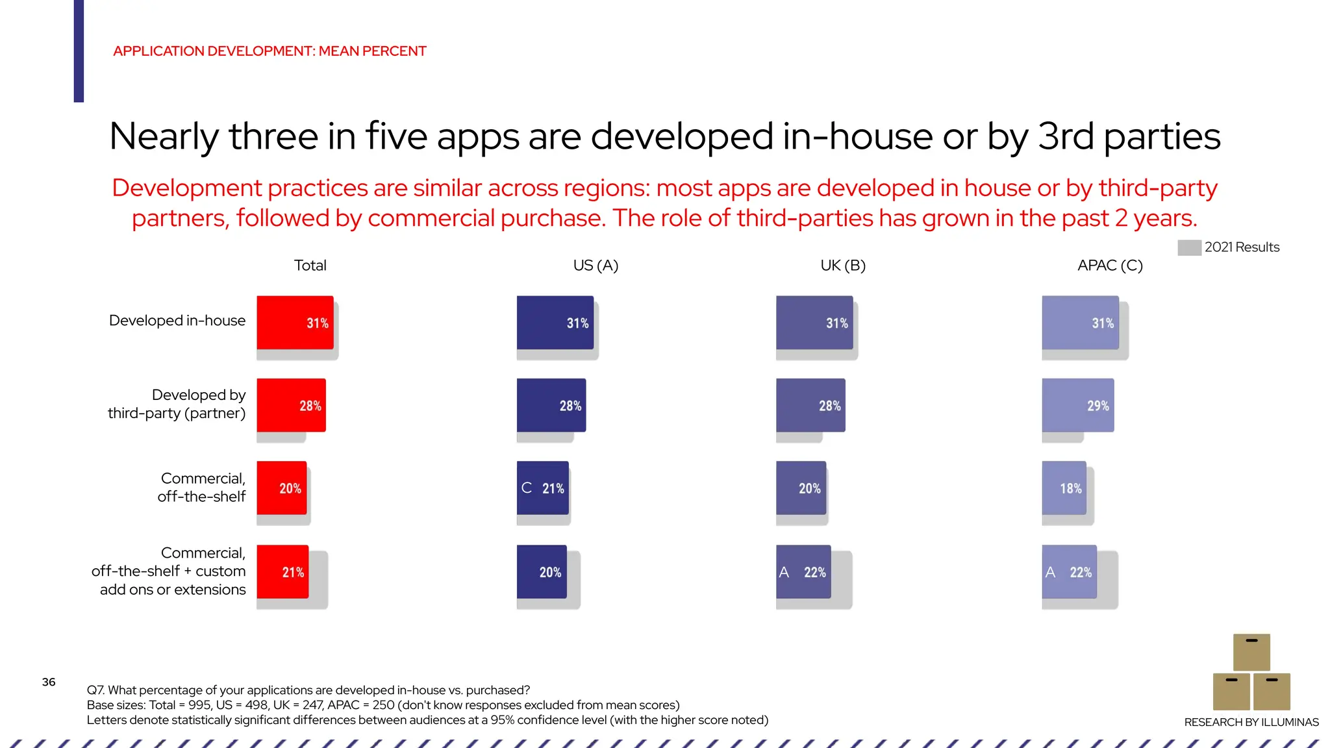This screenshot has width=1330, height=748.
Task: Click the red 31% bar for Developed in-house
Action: click(x=295, y=323)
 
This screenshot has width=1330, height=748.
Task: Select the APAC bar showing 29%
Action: click(x=1077, y=405)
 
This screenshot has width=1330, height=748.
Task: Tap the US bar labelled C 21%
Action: click(x=542, y=488)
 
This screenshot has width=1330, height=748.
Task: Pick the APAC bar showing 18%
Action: click(x=1064, y=488)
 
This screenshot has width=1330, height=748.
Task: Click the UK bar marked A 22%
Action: click(x=803, y=571)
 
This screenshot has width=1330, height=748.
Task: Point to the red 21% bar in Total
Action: click(x=282, y=571)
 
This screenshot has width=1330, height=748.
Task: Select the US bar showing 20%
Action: click(x=542, y=571)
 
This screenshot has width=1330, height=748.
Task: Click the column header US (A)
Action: click(x=596, y=266)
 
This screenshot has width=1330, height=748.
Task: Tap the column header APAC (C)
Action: click(x=1109, y=266)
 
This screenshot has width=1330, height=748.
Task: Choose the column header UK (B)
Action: click(x=842, y=266)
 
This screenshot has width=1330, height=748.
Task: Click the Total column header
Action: click(x=310, y=266)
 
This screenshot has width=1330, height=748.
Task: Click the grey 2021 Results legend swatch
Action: click(x=1189, y=247)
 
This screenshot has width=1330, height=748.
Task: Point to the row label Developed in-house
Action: click(x=177, y=321)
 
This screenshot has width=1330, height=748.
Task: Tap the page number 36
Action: click(x=49, y=682)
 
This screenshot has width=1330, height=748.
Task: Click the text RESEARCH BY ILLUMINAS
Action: click(x=1251, y=722)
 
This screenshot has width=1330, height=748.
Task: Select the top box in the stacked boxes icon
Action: click(x=1251, y=652)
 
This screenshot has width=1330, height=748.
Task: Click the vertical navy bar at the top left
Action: click(x=79, y=51)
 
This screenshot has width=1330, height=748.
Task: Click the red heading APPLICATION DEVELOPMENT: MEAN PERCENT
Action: click(x=270, y=51)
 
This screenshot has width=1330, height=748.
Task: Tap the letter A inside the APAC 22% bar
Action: click(x=1050, y=572)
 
